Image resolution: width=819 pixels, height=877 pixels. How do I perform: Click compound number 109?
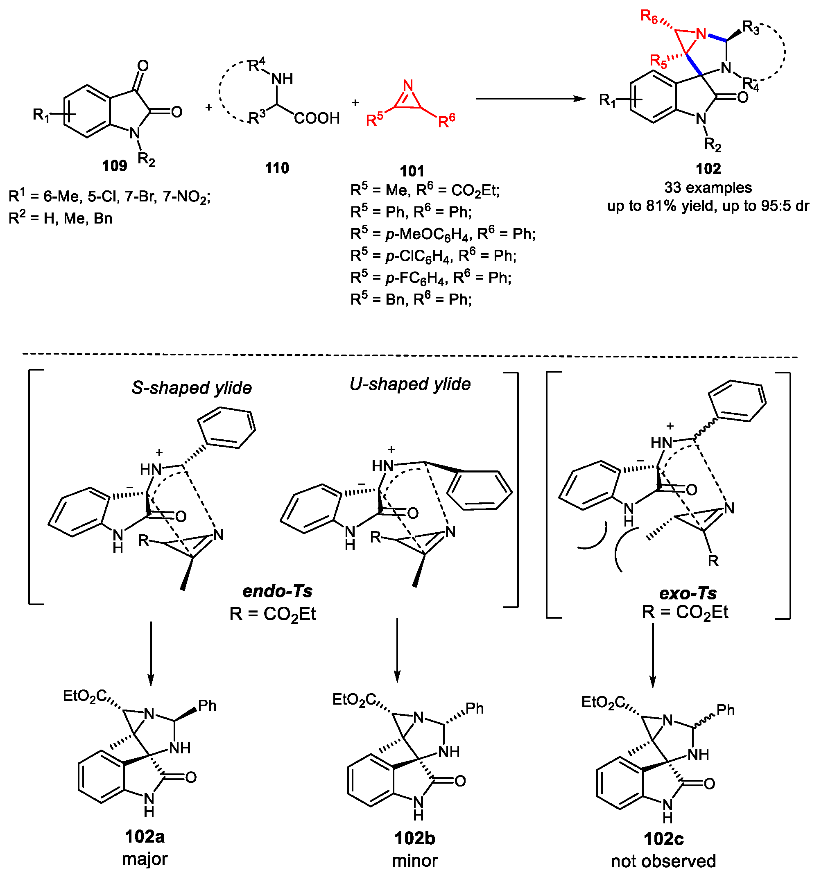click(114, 166)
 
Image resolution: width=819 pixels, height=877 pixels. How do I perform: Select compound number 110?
click(277, 168)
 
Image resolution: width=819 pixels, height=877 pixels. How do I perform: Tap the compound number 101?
click(411, 171)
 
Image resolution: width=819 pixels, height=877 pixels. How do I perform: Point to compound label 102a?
click(144, 836)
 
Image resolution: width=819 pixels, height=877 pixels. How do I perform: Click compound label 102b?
click(414, 838)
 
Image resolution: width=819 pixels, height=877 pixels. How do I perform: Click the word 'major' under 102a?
click(145, 859)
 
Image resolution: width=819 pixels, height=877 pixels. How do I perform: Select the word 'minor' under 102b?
click(415, 860)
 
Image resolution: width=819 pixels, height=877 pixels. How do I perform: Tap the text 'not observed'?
click(663, 861)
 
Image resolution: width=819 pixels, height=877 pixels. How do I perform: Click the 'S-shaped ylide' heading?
click(192, 388)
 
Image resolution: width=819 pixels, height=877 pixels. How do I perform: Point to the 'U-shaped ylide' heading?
click(410, 384)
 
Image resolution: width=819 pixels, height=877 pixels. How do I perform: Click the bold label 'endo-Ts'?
click(277, 591)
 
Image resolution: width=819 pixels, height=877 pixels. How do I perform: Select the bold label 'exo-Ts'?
click(688, 593)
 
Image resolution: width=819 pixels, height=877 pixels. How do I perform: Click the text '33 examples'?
click(708, 188)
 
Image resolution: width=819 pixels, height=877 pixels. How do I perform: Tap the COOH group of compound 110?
click(317, 118)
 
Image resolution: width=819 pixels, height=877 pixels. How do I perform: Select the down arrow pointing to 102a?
click(151, 653)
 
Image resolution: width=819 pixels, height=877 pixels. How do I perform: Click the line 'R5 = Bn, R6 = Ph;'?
click(411, 300)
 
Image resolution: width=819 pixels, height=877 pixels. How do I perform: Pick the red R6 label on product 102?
click(649, 17)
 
